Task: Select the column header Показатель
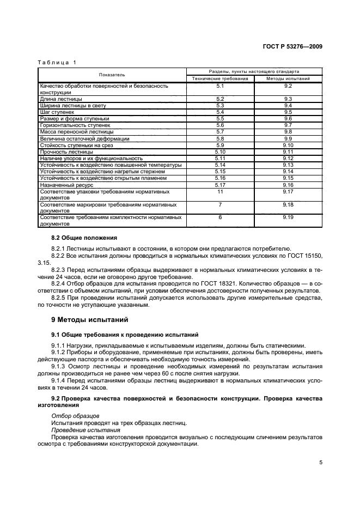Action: pyautogui.click(x=112, y=75)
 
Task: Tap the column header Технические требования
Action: pyautogui.click(x=220, y=78)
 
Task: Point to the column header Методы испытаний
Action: pyautogui.click(x=288, y=78)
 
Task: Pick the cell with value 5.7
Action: pyautogui.click(x=220, y=132)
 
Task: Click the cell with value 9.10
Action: pyautogui.click(x=288, y=145)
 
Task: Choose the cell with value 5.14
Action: pyautogui.click(x=220, y=165)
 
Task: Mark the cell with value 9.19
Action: pyautogui.click(x=288, y=217)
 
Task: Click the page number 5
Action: pyautogui.click(x=321, y=463)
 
